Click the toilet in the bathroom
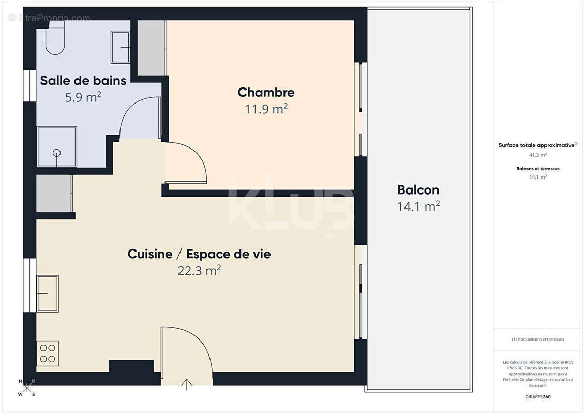click(x=55, y=40)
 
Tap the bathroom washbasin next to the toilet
click(x=121, y=47)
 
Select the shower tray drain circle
click(x=56, y=153)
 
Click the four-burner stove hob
click(x=48, y=353)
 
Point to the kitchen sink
click(x=47, y=293)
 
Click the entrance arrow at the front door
click(x=187, y=384)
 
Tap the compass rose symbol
click(x=27, y=388)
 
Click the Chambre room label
click(x=266, y=93)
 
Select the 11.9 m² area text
click(x=266, y=109)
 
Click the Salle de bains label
click(x=83, y=81)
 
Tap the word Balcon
click(x=418, y=190)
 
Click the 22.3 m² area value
click(x=199, y=270)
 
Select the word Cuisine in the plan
click(x=150, y=254)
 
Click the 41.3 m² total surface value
click(x=538, y=155)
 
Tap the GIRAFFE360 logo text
click(x=538, y=397)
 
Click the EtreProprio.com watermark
click(x=49, y=18)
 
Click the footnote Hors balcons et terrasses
click(x=538, y=339)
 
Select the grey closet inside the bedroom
click(x=151, y=48)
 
